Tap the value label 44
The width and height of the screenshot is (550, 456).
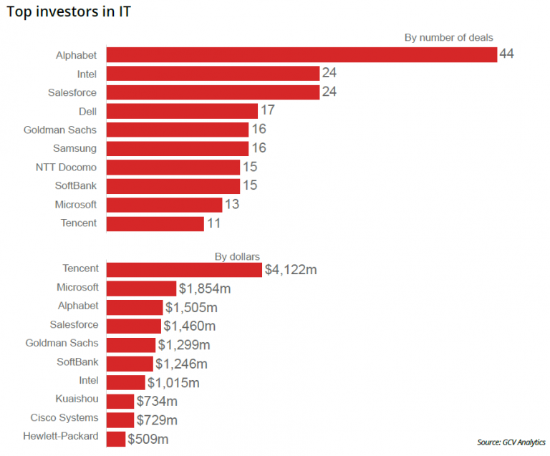coord(507,54)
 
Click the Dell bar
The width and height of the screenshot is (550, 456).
coord(182,111)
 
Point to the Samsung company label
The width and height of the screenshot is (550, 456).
coord(74,148)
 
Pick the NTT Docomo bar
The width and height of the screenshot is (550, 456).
coord(173,167)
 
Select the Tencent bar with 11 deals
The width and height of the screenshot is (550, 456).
coord(155,223)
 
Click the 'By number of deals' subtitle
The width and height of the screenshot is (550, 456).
coord(449,37)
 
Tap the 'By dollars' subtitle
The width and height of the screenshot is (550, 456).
coord(237,256)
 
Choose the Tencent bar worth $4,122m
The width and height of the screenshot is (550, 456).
coord(184,269)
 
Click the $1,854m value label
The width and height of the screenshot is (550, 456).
coord(206,288)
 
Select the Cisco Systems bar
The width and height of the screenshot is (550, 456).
coord(120,419)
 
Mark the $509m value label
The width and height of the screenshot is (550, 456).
coord(148,439)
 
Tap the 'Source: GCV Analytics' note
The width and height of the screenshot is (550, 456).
coord(511,442)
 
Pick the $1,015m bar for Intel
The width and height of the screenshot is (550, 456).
coord(126,382)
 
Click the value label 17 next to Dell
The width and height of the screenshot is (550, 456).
coord(268,111)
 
